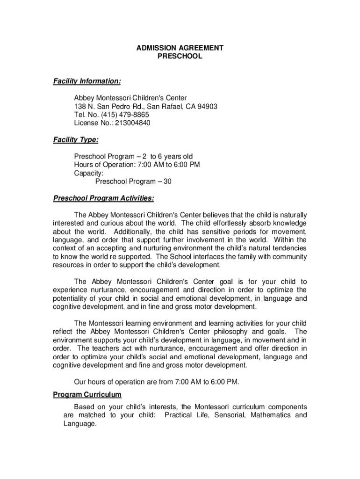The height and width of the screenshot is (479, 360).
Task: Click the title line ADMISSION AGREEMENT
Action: click(x=180, y=48)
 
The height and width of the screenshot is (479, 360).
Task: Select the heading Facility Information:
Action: click(x=86, y=81)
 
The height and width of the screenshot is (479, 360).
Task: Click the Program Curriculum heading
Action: click(x=87, y=394)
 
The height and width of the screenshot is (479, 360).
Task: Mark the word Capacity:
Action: click(x=89, y=173)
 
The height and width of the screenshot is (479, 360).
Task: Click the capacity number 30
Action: click(x=167, y=181)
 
